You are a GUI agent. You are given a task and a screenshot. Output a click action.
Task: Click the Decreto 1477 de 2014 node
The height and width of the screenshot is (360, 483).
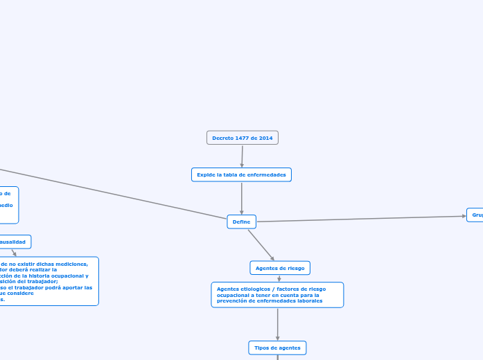[242, 138]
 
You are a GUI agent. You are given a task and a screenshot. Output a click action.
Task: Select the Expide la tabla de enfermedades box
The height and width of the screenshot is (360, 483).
[241, 174]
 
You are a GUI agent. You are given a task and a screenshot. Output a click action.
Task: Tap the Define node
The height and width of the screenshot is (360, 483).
[241, 222]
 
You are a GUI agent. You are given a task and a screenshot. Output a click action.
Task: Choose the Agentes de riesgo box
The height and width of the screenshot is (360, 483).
[279, 267]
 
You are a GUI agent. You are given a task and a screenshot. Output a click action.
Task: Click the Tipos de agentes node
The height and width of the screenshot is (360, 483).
[277, 347]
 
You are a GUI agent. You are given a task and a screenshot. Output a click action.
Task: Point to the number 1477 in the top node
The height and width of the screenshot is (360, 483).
[242, 138]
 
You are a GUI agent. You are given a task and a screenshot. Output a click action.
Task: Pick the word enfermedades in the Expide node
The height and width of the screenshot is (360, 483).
[267, 174]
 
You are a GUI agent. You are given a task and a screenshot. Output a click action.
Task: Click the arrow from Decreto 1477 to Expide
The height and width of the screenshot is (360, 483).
[242, 156]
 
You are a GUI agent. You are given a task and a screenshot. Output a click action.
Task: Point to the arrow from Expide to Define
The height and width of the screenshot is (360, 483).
[241, 198]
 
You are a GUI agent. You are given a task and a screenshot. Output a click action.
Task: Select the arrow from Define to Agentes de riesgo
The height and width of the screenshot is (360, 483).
[261, 244]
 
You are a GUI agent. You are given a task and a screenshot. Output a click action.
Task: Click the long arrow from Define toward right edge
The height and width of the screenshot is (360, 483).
[360, 219]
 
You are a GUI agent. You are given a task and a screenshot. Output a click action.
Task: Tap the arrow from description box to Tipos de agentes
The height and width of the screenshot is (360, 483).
[277, 324]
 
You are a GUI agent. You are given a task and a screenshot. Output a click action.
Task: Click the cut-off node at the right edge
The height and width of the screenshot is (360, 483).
[475, 215]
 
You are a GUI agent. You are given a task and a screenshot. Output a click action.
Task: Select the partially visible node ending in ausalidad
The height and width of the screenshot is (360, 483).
[15, 242]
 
